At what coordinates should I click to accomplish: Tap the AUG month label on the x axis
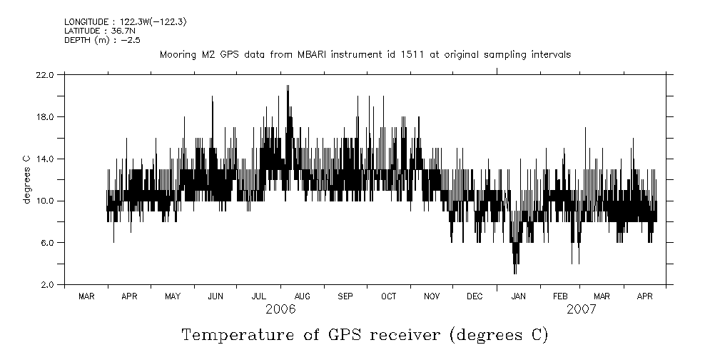click(302, 296)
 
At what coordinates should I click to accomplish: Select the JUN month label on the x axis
click(216, 296)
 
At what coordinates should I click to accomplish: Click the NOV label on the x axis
click(432, 296)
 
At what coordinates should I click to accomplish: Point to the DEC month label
click(475, 296)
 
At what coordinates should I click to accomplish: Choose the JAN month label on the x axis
click(518, 296)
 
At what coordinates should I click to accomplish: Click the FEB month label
click(561, 296)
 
